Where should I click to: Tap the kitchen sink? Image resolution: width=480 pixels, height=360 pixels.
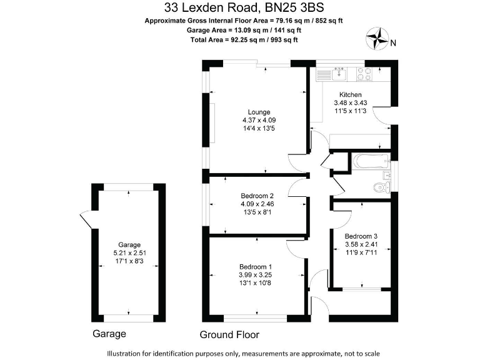coord(339,74)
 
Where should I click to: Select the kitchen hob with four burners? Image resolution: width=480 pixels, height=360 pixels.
coord(364,74)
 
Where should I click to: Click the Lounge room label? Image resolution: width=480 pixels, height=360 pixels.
coord(259,112)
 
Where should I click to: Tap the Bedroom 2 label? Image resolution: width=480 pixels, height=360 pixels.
coord(259,195)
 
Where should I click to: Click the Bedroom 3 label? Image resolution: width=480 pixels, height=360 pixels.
coord(361,236)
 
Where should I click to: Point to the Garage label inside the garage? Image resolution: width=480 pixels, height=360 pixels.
coord(129,244)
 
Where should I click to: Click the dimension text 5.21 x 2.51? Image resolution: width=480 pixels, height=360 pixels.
coord(129,252)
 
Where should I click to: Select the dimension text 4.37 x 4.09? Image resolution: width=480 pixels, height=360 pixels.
coord(259,121)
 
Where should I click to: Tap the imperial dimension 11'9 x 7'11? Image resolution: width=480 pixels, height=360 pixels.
coord(361,252)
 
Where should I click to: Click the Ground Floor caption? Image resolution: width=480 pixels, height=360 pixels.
coord(229,334)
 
